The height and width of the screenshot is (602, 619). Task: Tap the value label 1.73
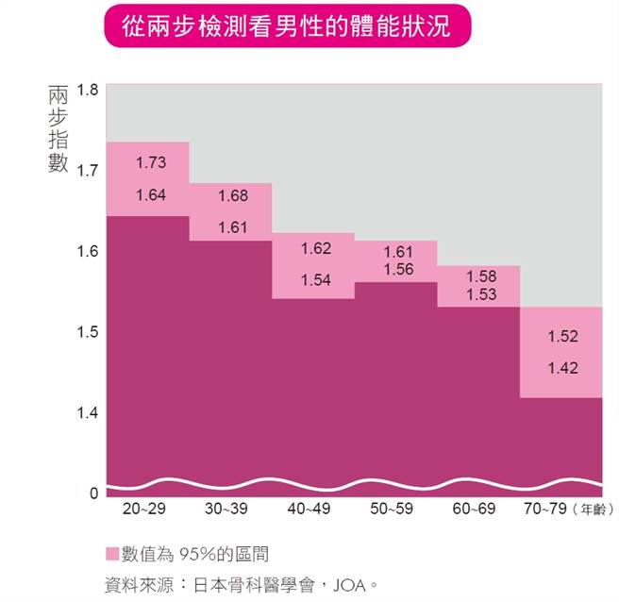click(x=151, y=163)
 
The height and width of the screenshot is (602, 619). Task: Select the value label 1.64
click(x=151, y=196)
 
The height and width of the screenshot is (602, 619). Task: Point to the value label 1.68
click(x=233, y=196)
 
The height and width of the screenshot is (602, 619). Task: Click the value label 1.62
click(x=316, y=249)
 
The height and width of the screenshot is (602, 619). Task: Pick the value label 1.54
click(x=316, y=280)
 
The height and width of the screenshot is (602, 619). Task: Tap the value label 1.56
click(x=399, y=269)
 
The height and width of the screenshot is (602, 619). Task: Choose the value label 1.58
click(x=481, y=276)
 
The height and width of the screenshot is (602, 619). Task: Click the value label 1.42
click(x=562, y=369)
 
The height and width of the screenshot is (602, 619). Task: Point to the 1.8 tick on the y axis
click(x=88, y=91)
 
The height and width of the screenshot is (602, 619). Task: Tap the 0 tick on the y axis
click(x=93, y=493)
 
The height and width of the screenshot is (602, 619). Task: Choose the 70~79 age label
click(x=545, y=510)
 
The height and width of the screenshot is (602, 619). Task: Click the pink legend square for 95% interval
click(x=112, y=554)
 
